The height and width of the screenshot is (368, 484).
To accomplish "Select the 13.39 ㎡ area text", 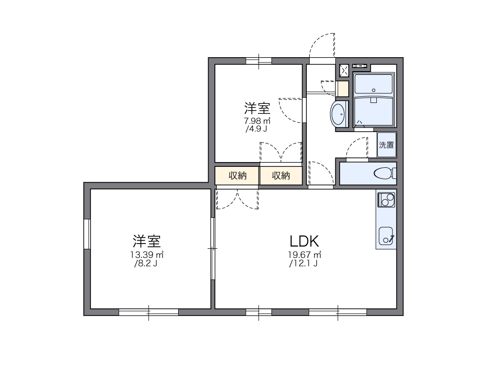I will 147,254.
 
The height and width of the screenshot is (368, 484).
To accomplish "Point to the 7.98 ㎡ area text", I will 257,121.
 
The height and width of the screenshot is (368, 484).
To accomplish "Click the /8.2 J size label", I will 146,263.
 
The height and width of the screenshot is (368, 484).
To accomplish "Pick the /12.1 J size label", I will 303,263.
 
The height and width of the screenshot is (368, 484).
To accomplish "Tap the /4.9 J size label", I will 255,129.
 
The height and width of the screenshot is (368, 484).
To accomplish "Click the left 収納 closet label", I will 237,175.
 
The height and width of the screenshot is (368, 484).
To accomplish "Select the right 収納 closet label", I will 281,175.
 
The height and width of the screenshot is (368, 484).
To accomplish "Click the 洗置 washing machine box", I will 387,145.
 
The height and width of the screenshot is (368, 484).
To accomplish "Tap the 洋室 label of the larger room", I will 147,240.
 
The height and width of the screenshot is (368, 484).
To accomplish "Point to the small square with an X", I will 344,71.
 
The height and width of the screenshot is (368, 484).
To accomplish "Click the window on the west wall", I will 87,234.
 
